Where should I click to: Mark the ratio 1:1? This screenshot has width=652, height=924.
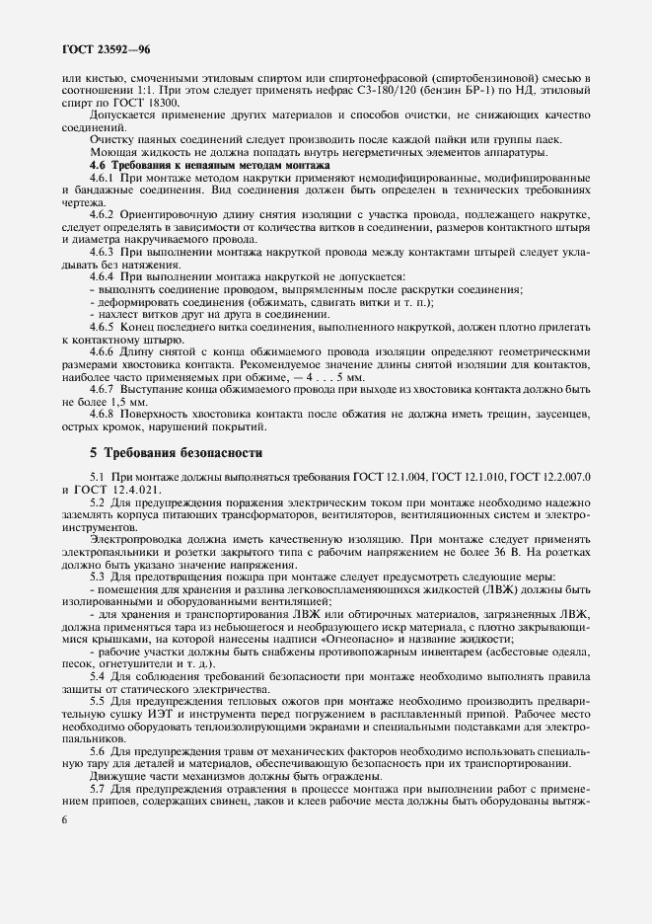click(136, 90)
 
